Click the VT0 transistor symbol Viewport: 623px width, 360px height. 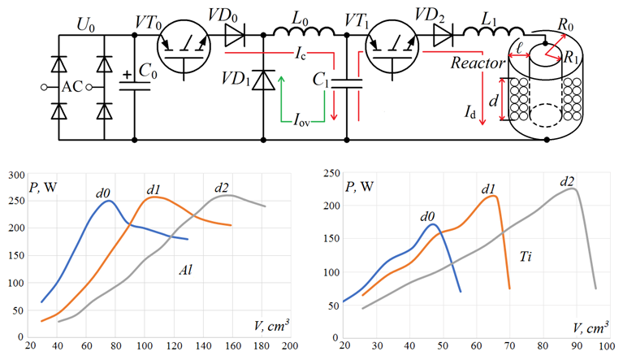tap(184, 46)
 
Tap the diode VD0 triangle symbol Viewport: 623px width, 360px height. tap(235, 36)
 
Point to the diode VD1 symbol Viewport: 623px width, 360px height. tap(263, 80)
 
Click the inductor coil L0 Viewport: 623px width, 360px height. tap(304, 32)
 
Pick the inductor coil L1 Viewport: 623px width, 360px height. tap(494, 32)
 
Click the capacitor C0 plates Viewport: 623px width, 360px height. tap(135, 86)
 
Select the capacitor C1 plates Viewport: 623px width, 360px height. tap(347, 84)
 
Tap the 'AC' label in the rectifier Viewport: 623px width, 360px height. tap(72, 87)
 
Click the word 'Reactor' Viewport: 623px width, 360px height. tap(478, 63)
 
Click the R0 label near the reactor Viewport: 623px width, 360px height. tap(565, 24)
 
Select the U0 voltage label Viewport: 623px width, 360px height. tap(86, 26)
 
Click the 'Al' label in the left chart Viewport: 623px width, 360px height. tap(185, 270)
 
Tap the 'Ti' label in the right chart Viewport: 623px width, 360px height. tap(526, 257)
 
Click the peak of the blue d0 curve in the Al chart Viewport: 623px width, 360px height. tap(108, 201)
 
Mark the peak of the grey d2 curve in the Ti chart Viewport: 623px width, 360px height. tap(573, 189)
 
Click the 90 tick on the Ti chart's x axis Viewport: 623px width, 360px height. tap(576, 345)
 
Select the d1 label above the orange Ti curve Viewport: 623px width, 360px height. tap(488, 189)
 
